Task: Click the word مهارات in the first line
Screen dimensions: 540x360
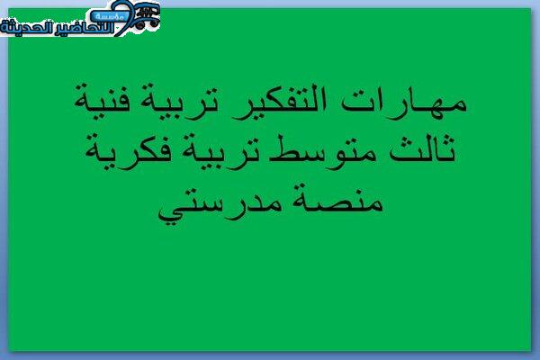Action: [405, 103]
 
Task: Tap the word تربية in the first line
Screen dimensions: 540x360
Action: [179, 102]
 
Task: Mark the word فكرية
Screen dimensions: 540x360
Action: [129, 151]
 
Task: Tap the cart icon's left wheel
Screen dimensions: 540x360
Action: [139, 25]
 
